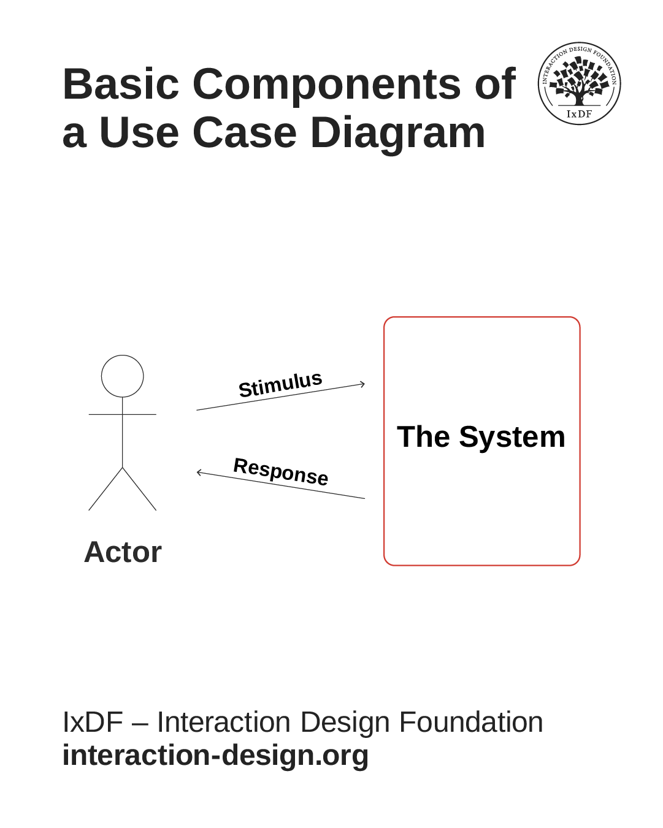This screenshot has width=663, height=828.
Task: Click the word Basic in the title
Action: [121, 84]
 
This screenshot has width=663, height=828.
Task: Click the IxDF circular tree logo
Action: [579, 83]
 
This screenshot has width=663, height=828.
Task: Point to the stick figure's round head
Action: [122, 376]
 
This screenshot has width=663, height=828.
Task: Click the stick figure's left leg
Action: [105, 489]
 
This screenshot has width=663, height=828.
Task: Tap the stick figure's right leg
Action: [139, 489]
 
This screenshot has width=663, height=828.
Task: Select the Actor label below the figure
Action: [123, 552]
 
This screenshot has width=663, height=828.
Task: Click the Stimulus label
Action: [280, 385]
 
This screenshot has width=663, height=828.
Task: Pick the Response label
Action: [281, 471]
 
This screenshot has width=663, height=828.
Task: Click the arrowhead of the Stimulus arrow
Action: [362, 384]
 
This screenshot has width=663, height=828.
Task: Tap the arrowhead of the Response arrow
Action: [199, 472]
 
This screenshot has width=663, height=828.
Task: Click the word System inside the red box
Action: [512, 438]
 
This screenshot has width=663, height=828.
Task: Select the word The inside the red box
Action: [423, 437]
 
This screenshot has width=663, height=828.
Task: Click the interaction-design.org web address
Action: [215, 755]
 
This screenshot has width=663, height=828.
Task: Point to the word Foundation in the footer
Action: [471, 722]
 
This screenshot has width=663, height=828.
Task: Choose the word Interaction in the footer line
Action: [223, 722]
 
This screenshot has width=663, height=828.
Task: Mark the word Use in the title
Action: [139, 133]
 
